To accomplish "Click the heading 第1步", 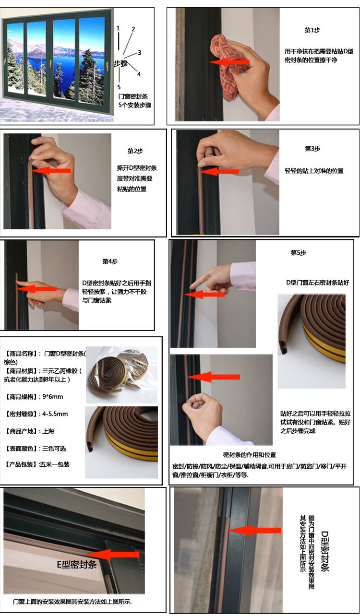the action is [312, 30].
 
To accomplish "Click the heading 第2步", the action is [135, 151].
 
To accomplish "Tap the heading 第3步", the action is [312, 149].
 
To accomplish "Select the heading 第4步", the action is [110, 261].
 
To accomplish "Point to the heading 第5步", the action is [299, 253].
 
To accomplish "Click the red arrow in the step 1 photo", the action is [229, 62].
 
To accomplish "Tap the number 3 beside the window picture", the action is [140, 52].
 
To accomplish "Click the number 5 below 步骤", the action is [119, 87].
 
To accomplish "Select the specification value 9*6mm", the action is [53, 397].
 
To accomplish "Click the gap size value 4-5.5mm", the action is [55, 414].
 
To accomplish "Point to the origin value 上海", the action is [48, 431].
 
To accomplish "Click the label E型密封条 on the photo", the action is [76, 565].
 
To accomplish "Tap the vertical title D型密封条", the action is [325, 551].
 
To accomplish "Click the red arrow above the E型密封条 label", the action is [113, 555].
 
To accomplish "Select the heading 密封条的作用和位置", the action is [250, 455].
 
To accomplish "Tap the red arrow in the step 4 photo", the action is [36, 289].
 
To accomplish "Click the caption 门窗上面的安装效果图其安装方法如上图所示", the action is [72, 602].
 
